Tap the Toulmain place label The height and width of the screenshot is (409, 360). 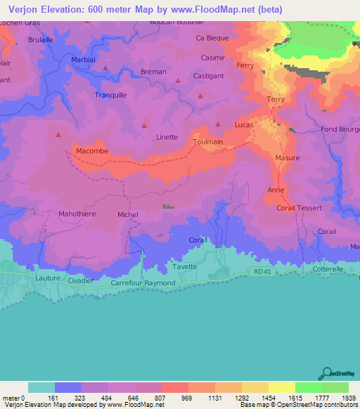(207, 141)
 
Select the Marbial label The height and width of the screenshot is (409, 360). (84, 60)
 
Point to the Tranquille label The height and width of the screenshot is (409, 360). (110, 94)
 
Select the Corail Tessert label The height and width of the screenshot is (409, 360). (300, 208)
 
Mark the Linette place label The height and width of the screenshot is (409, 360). (167, 137)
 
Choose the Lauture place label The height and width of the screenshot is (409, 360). (47, 278)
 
